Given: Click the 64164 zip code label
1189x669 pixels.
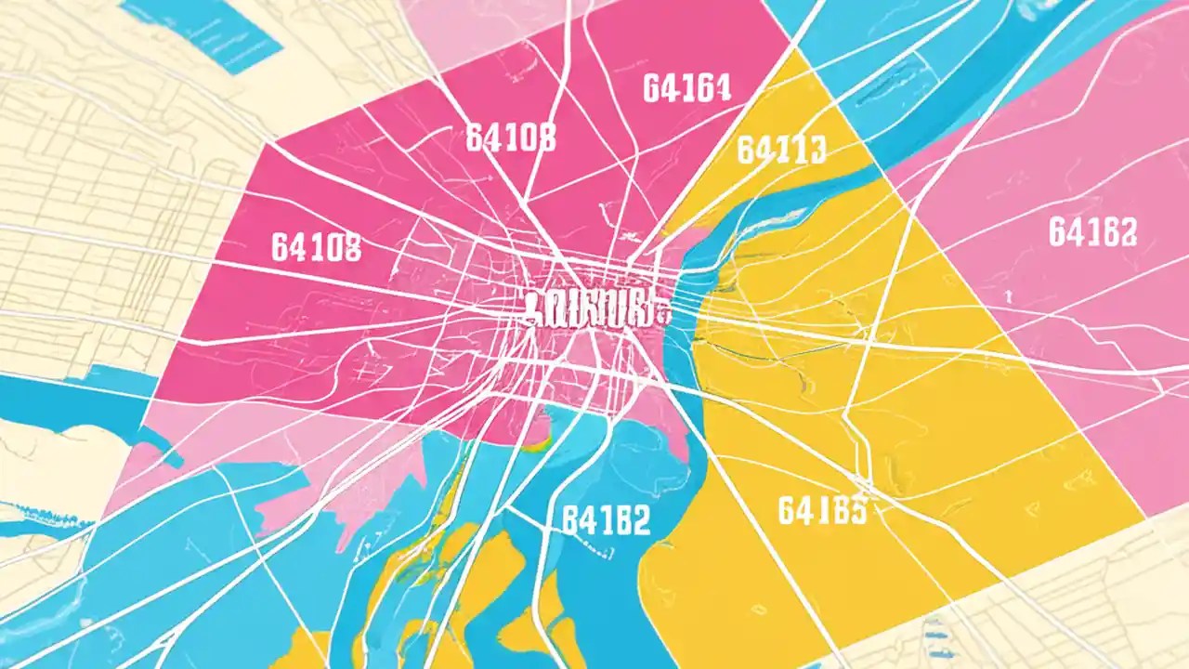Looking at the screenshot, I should click(x=686, y=88).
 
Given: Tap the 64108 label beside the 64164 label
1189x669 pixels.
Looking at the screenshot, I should click(x=510, y=138).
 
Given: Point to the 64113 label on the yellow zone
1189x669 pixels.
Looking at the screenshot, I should click(x=781, y=149).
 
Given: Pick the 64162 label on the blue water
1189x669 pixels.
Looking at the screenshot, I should click(x=606, y=520).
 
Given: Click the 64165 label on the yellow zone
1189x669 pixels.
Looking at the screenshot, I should click(x=822, y=509).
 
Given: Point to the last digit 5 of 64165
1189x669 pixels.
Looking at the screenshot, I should click(x=856, y=509).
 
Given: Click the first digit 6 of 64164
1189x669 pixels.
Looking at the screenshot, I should click(x=651, y=88).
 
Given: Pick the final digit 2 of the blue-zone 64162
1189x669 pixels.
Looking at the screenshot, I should click(x=640, y=520).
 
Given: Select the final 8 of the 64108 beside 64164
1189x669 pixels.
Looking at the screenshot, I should click(x=545, y=138).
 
